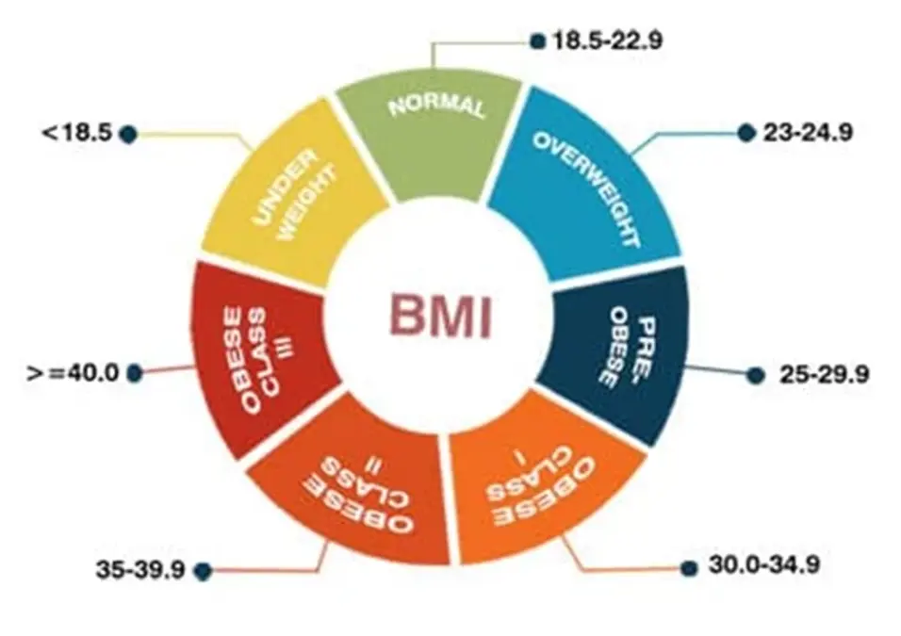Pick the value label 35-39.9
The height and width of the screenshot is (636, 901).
tap(139, 570)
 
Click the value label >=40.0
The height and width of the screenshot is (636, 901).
tap(73, 372)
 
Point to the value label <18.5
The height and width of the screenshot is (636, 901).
tap(76, 133)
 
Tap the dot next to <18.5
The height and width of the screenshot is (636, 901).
tap(129, 134)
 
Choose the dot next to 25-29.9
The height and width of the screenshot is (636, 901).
tap(754, 375)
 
